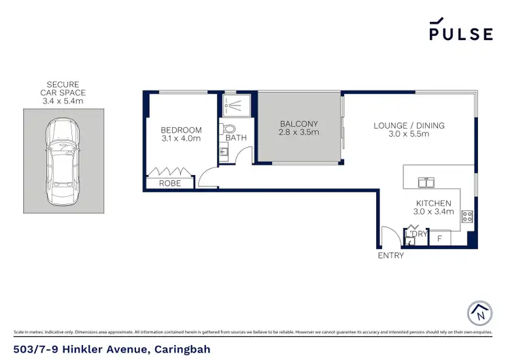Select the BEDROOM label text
click(x=181, y=130)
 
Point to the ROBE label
click(x=170, y=184)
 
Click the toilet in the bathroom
click(x=229, y=128)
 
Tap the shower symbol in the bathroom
click(x=233, y=104)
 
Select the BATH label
click(x=236, y=138)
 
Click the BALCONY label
click(x=299, y=124)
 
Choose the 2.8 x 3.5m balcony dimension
click(x=299, y=133)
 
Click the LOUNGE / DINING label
click(x=409, y=125)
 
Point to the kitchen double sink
click(x=426, y=182)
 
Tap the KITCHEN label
click(x=434, y=203)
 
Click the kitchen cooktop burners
click(x=467, y=217)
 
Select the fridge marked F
click(x=440, y=239)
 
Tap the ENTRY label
click(x=391, y=256)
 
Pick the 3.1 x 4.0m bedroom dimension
click(x=181, y=140)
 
